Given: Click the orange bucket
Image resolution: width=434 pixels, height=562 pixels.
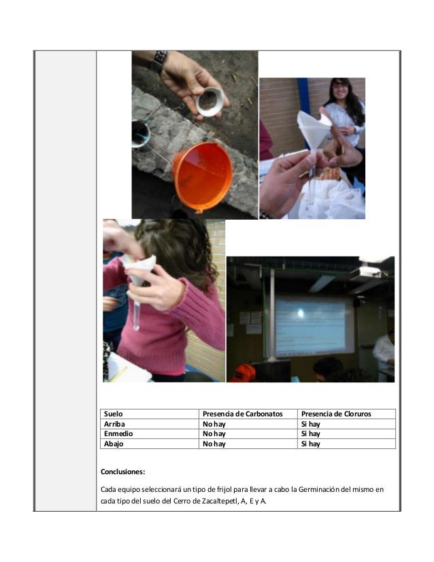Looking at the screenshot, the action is pyautogui.click(x=203, y=176).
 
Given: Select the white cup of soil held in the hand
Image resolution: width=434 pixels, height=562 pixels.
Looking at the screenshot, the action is pyautogui.click(x=212, y=102).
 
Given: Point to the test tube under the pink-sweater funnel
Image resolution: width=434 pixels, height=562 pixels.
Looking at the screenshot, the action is pyautogui.click(x=136, y=315).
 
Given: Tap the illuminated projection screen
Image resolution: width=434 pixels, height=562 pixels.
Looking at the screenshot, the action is pyautogui.click(x=310, y=326).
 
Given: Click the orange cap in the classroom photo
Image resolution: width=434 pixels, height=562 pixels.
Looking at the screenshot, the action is pyautogui.click(x=243, y=373).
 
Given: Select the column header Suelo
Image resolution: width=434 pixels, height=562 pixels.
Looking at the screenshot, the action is pyautogui.click(x=113, y=414).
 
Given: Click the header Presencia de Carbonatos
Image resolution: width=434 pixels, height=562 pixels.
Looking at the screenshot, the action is pyautogui.click(x=243, y=414).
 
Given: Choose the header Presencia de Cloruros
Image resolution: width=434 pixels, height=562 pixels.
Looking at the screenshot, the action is pyautogui.click(x=336, y=414).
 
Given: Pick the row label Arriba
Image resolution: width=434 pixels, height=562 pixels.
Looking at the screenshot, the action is pyautogui.click(x=114, y=424).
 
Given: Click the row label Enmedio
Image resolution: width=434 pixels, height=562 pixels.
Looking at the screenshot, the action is pyautogui.click(x=118, y=433).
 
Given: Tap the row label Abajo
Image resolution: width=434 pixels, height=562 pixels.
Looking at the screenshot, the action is pyautogui.click(x=114, y=444).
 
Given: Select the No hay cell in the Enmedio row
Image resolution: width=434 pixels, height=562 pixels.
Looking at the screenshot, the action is pyautogui.click(x=214, y=433).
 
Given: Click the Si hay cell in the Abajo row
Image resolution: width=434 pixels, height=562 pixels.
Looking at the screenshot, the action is pyautogui.click(x=310, y=444).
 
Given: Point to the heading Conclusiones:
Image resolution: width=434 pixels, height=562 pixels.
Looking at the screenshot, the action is pyautogui.click(x=122, y=472).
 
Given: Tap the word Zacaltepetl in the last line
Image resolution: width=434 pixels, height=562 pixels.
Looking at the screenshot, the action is pyautogui.click(x=220, y=501).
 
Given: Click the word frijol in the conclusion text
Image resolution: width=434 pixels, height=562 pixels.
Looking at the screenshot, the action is pyautogui.click(x=224, y=490).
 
